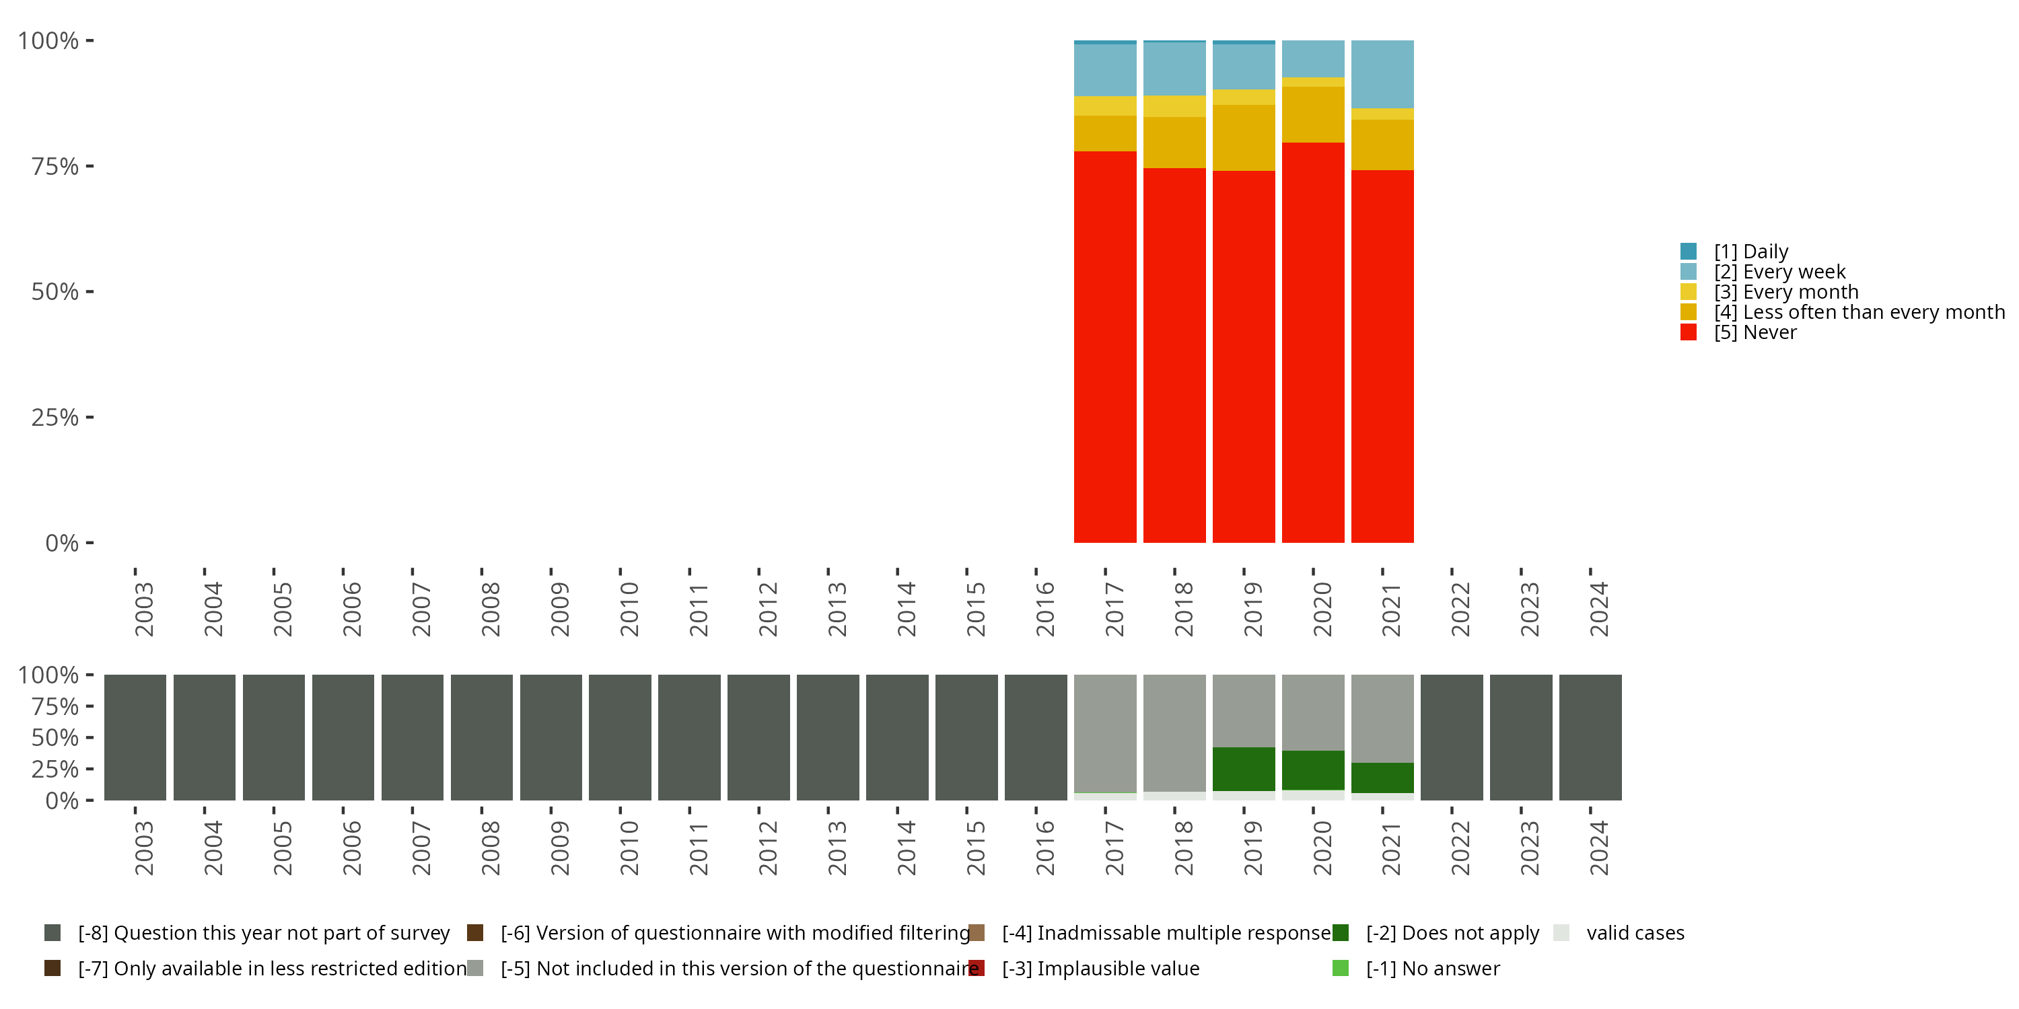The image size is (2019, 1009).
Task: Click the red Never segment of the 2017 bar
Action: pos(1104,346)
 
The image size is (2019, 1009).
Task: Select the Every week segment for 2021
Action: pos(1382,75)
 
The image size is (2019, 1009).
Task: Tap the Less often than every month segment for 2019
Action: pos(1243,138)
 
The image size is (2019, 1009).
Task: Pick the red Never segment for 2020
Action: pos(1313,342)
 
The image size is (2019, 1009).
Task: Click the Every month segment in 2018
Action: pos(1174,106)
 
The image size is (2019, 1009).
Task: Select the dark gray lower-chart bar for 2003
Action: pos(135,737)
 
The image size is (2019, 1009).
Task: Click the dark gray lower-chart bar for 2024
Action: pos(1590,737)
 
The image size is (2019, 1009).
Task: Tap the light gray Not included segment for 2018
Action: pos(1174,733)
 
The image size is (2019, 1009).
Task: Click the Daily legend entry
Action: pos(1751,252)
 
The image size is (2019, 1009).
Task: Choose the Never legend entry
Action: pos(1755,332)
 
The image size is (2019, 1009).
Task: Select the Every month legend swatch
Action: pos(1689,292)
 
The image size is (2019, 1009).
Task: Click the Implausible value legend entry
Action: pos(1100,968)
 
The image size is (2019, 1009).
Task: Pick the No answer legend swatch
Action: pos(1340,968)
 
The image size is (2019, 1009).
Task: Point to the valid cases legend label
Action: pos(1635,933)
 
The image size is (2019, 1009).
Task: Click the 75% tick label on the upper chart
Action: pos(55,166)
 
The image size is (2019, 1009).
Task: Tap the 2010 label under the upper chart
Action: pos(629,609)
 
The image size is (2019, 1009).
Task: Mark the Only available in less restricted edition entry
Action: pos(272,968)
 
